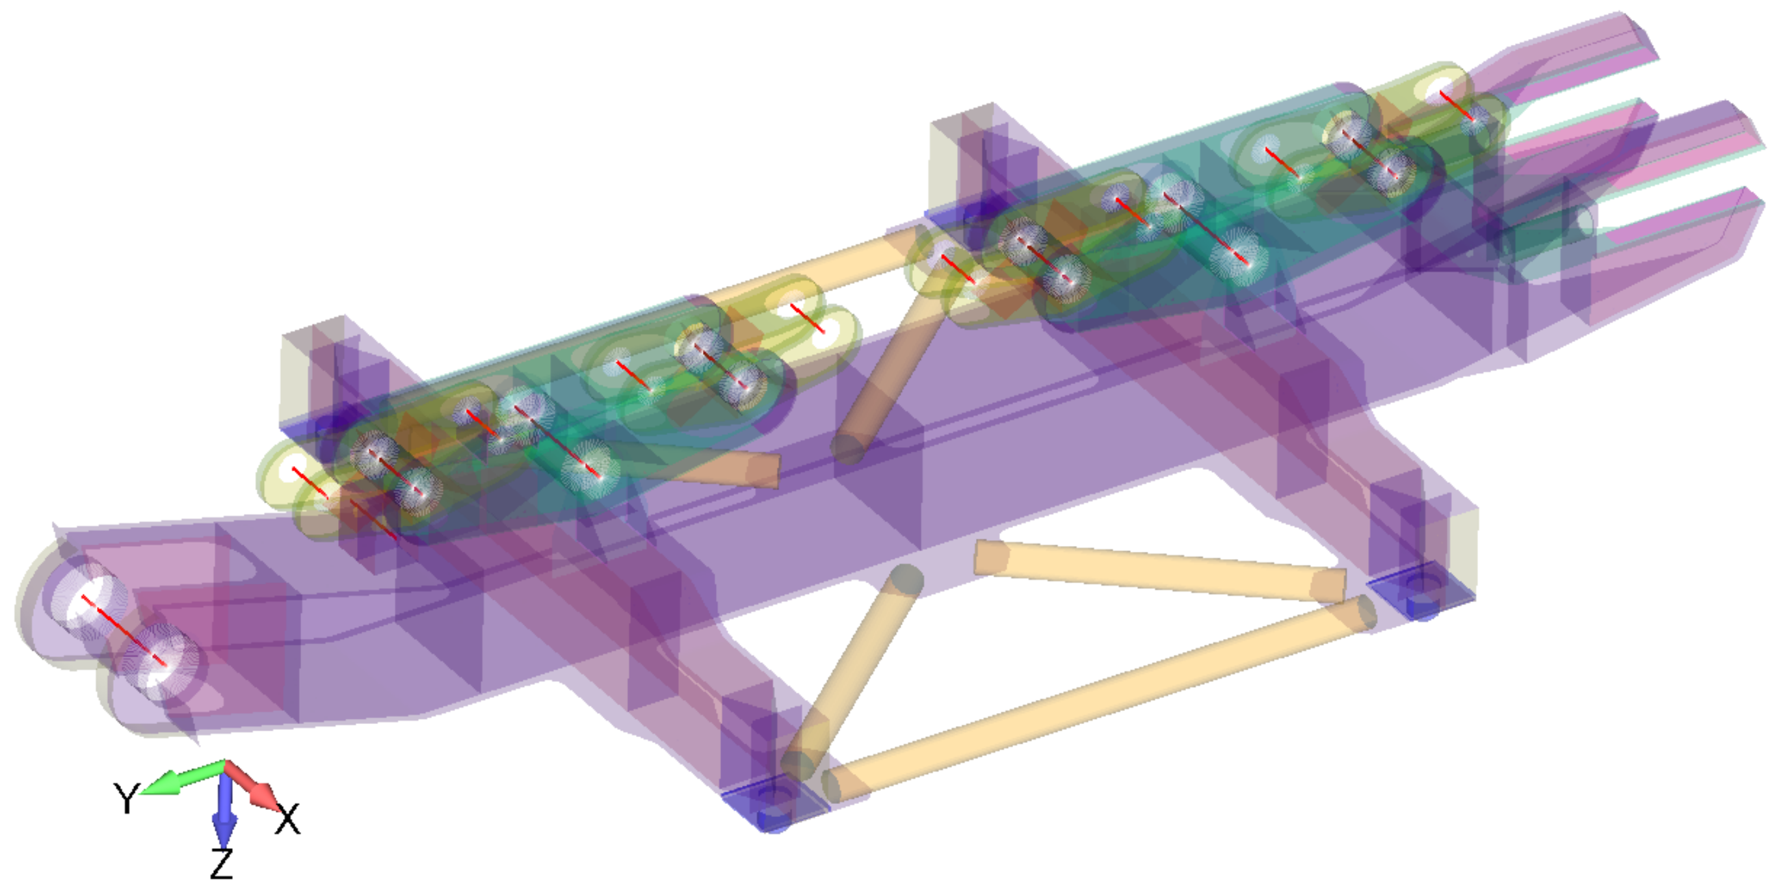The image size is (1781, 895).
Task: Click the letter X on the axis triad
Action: click(287, 819)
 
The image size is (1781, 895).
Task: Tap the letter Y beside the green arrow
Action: click(127, 798)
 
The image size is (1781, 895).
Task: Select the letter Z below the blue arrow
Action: click(221, 863)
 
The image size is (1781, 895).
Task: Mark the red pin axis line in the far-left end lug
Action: click(124, 630)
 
